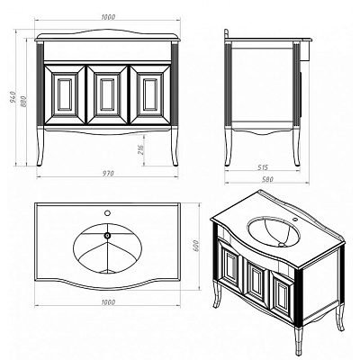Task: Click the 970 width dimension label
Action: [108, 174]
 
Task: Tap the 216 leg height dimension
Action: [140, 149]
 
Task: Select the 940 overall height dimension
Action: [13, 97]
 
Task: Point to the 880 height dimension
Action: [24, 101]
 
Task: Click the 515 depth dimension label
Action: [262, 167]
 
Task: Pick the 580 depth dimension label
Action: [267, 179]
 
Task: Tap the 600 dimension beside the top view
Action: [196, 246]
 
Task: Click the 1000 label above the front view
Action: [108, 17]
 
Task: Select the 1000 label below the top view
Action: [108, 302]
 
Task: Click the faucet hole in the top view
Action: [107, 213]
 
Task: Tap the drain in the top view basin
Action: [107, 236]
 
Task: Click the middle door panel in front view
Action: [107, 94]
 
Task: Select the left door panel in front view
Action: [65, 94]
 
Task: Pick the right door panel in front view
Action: [150, 94]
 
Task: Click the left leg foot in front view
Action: [40, 164]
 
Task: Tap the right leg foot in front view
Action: [175, 164]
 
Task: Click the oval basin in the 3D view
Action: [274, 231]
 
